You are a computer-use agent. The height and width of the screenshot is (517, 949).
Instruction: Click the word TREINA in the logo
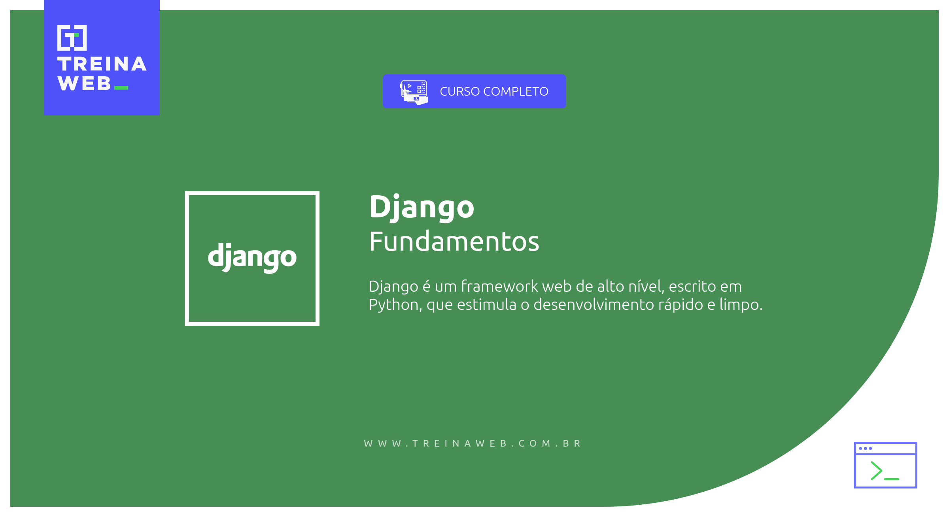tap(102, 64)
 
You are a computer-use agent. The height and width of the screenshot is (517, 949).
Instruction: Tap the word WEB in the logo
tap(84, 83)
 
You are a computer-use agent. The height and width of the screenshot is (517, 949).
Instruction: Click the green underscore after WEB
tap(121, 88)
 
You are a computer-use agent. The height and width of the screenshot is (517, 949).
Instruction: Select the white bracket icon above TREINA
tap(72, 38)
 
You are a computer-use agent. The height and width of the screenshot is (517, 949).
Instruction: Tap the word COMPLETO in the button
tap(516, 91)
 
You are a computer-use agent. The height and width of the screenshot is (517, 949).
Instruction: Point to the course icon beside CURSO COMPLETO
tap(414, 92)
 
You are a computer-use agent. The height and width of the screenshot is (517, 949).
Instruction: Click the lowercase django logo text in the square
tap(252, 257)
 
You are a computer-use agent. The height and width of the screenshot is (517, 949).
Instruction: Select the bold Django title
tap(422, 208)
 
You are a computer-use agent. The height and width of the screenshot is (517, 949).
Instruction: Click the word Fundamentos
tap(454, 242)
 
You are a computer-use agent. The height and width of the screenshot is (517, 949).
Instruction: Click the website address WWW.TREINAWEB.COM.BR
tap(473, 443)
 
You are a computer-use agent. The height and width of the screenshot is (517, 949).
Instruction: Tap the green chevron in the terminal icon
tap(876, 470)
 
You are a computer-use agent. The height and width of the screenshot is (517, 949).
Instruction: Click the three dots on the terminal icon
tap(865, 448)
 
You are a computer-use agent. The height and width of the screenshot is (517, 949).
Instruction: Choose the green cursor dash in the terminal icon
tap(892, 479)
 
